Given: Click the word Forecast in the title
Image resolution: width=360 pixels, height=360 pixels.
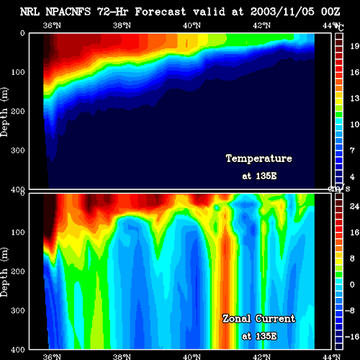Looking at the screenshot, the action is pos(161,12).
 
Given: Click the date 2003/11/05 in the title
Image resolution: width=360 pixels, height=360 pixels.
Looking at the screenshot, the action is pos(282,12).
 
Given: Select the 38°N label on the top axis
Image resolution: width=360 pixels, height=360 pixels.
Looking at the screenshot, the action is pos(122,25).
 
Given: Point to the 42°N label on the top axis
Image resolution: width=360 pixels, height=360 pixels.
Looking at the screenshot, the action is pos(261,25).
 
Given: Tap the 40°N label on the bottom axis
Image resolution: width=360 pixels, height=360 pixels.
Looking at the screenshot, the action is pos(192,356).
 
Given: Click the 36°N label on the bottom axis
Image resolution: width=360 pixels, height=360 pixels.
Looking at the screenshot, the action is pos(52,356).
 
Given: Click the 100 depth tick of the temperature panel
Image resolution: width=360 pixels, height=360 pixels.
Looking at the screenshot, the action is pos(18,72).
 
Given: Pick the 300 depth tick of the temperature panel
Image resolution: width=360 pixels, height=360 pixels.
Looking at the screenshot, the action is pos(18,150).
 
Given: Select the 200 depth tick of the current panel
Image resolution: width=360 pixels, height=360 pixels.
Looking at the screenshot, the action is pos(18,271).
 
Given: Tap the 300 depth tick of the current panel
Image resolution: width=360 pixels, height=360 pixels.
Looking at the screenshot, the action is pos(18,310).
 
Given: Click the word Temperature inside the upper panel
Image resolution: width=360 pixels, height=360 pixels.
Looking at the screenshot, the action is pos(259,158).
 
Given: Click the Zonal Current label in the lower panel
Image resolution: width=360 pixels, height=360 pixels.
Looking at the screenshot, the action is pos(259,319).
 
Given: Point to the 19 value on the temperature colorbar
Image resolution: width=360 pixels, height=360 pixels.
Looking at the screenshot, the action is pos(355,46).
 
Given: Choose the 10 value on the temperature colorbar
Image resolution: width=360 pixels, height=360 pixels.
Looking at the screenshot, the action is pos(355,125).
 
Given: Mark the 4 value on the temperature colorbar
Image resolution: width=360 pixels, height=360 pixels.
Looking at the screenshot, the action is pos(352,176).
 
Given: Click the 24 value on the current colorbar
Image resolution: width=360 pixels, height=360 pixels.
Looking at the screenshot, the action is pos(354,207).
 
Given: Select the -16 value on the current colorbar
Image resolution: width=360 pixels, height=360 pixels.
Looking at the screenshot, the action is pos(352,337).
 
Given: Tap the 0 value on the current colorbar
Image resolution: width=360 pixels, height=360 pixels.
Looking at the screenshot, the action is pos(352,284).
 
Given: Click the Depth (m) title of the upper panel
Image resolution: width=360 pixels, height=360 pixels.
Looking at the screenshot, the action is pos(4,112).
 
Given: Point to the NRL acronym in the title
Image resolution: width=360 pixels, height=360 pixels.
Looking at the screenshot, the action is pos(30,12).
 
